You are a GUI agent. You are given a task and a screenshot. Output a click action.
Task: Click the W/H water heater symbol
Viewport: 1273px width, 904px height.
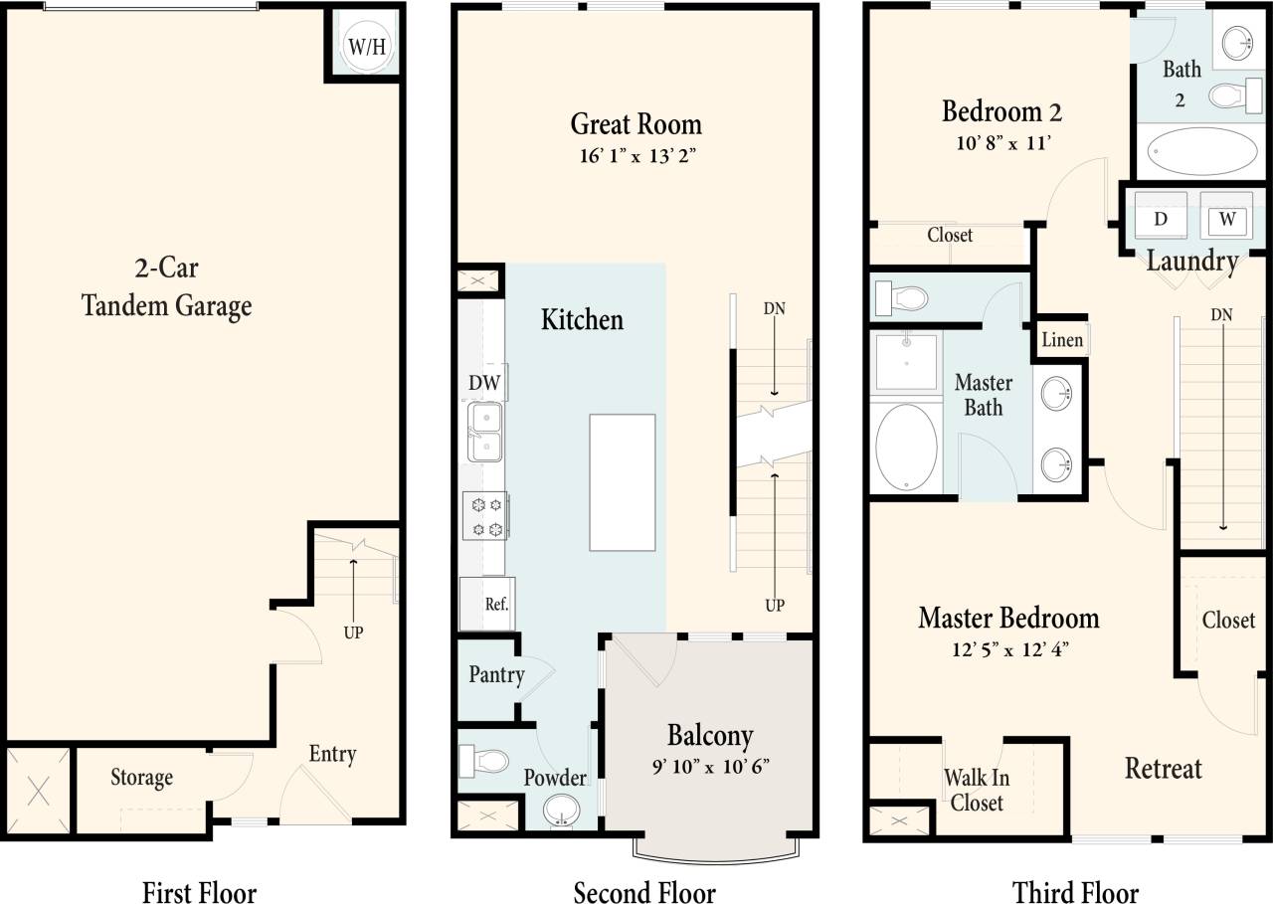point(364,46)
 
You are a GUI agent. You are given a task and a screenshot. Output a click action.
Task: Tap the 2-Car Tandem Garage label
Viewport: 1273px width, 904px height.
point(166,287)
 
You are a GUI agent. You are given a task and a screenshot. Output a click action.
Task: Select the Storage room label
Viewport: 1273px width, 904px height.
point(141,778)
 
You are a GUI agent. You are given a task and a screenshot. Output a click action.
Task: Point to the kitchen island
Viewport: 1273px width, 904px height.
point(622,482)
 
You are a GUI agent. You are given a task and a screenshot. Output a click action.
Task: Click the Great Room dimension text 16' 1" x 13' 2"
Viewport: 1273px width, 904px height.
point(635,155)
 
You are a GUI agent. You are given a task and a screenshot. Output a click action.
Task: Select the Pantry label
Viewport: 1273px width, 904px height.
point(496,675)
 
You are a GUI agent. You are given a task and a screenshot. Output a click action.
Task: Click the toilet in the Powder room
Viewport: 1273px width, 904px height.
point(485,763)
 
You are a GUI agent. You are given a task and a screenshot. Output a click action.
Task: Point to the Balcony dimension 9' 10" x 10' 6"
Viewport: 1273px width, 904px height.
point(710,767)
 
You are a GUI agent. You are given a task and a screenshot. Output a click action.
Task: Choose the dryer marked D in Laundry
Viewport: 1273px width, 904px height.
point(1161,219)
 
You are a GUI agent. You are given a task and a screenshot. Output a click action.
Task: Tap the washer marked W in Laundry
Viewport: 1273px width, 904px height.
point(1226,219)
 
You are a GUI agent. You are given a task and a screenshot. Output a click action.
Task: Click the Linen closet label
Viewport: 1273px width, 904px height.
point(1062,340)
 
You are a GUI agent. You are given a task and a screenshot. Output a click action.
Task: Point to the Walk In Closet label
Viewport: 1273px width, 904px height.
point(976,790)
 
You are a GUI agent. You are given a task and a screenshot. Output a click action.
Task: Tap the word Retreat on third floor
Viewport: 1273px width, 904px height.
point(1163,768)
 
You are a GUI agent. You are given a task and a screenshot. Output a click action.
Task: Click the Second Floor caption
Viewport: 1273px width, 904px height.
point(644,891)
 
